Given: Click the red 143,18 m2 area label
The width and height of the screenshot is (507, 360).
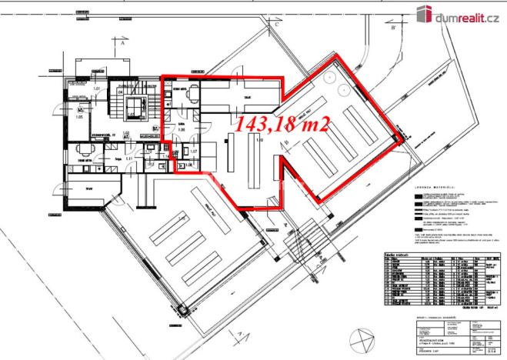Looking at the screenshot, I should [x=282, y=124].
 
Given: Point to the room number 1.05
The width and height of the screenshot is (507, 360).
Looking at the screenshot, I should [x=78, y=118].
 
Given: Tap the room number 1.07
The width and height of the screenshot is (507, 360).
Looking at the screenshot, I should [x=194, y=151].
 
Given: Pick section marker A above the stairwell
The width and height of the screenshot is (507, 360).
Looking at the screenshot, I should [x=122, y=44].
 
